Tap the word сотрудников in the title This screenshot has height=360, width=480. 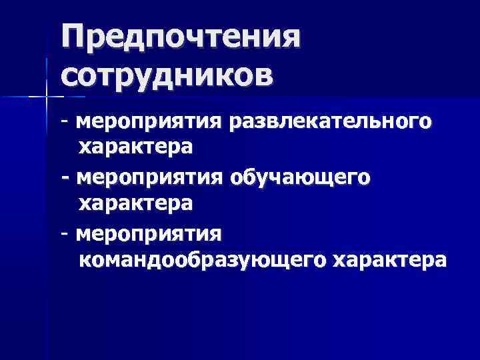coord(167,73)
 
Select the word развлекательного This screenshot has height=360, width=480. coord(330,123)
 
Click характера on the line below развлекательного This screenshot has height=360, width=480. coord(135,146)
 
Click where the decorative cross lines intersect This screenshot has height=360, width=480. coord(47,97)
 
